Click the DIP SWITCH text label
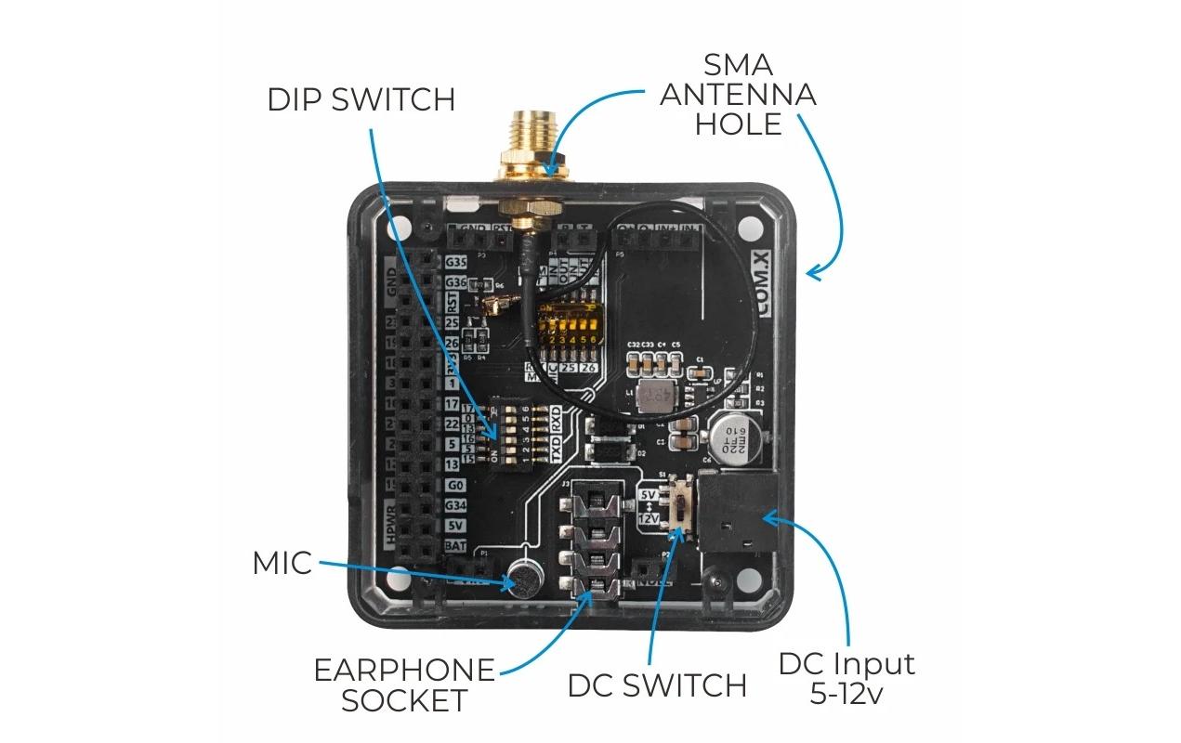(361, 99)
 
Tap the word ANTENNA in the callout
(739, 94)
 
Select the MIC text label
(282, 563)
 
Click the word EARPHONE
(404, 670)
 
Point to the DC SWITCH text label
(657, 685)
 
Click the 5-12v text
(846, 694)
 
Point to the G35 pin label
(455, 262)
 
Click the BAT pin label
(454, 546)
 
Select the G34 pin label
(454, 505)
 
